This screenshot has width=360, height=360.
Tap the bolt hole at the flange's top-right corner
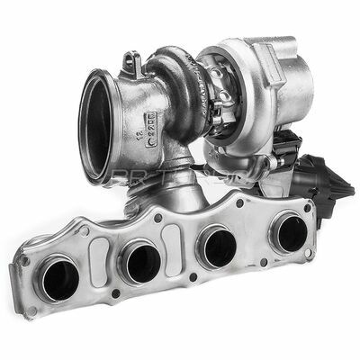click(310, 206)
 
